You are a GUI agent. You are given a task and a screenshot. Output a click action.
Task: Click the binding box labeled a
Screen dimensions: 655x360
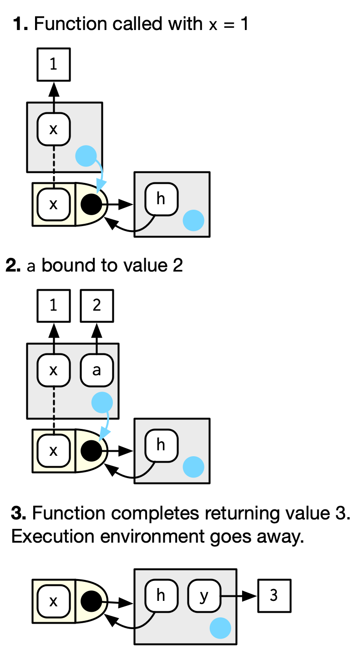pos(96,370)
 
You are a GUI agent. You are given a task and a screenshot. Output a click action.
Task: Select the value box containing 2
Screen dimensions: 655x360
pos(96,306)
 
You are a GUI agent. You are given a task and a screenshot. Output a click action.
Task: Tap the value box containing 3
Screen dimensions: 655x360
pos(274,596)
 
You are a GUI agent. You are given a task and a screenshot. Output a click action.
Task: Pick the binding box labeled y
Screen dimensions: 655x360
pos(204,596)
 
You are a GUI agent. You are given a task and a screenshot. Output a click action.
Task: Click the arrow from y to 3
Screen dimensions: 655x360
pos(238,596)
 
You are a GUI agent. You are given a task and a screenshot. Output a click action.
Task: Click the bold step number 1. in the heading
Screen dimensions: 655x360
pos(21,24)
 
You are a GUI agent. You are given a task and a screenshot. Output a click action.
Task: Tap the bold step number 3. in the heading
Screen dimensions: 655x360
pos(19,514)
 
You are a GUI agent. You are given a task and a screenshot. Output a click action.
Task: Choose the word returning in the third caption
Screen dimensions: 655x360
pos(241,514)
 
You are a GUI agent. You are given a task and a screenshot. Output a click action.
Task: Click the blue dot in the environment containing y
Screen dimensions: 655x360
pos(220,628)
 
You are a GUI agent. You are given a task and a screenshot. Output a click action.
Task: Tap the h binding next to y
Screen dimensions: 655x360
pos(161,596)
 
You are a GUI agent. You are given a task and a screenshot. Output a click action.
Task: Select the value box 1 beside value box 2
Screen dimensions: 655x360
pos(53,306)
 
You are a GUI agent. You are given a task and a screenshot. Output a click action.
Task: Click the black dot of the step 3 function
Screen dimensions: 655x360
pos(91,602)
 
